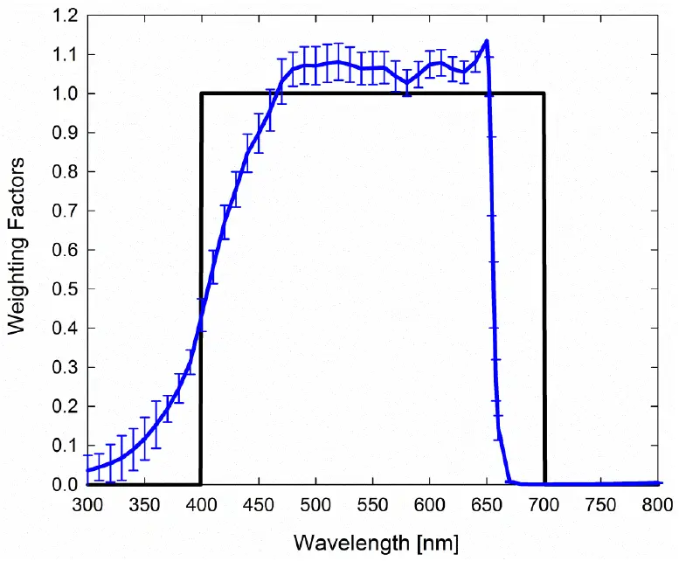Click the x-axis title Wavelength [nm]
point(375,543)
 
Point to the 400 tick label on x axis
point(201,504)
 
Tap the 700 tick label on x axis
point(544,504)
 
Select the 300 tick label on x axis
point(87,504)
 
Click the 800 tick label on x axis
point(657,504)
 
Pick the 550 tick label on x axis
point(373,504)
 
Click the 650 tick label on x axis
point(487,504)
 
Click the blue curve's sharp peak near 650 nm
point(486,41)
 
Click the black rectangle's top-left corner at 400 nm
point(202,93)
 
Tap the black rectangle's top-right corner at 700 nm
point(544,93)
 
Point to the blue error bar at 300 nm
point(87,468)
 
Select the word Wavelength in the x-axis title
point(344,543)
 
